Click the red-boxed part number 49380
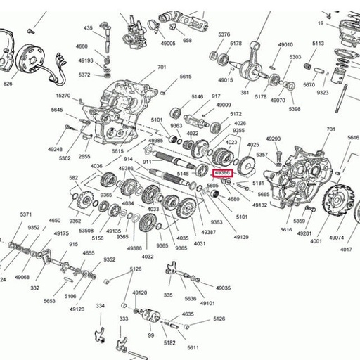(223, 172)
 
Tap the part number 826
(8, 84)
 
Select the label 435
(88, 28)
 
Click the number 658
(187, 41)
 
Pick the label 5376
(224, 34)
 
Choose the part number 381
(245, 92)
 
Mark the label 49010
(285, 45)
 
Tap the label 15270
(63, 96)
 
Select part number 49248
(56, 149)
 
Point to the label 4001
(315, 240)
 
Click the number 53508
(86, 230)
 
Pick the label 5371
(26, 214)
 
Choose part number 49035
(223, 288)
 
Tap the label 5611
(193, 348)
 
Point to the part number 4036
(96, 166)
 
